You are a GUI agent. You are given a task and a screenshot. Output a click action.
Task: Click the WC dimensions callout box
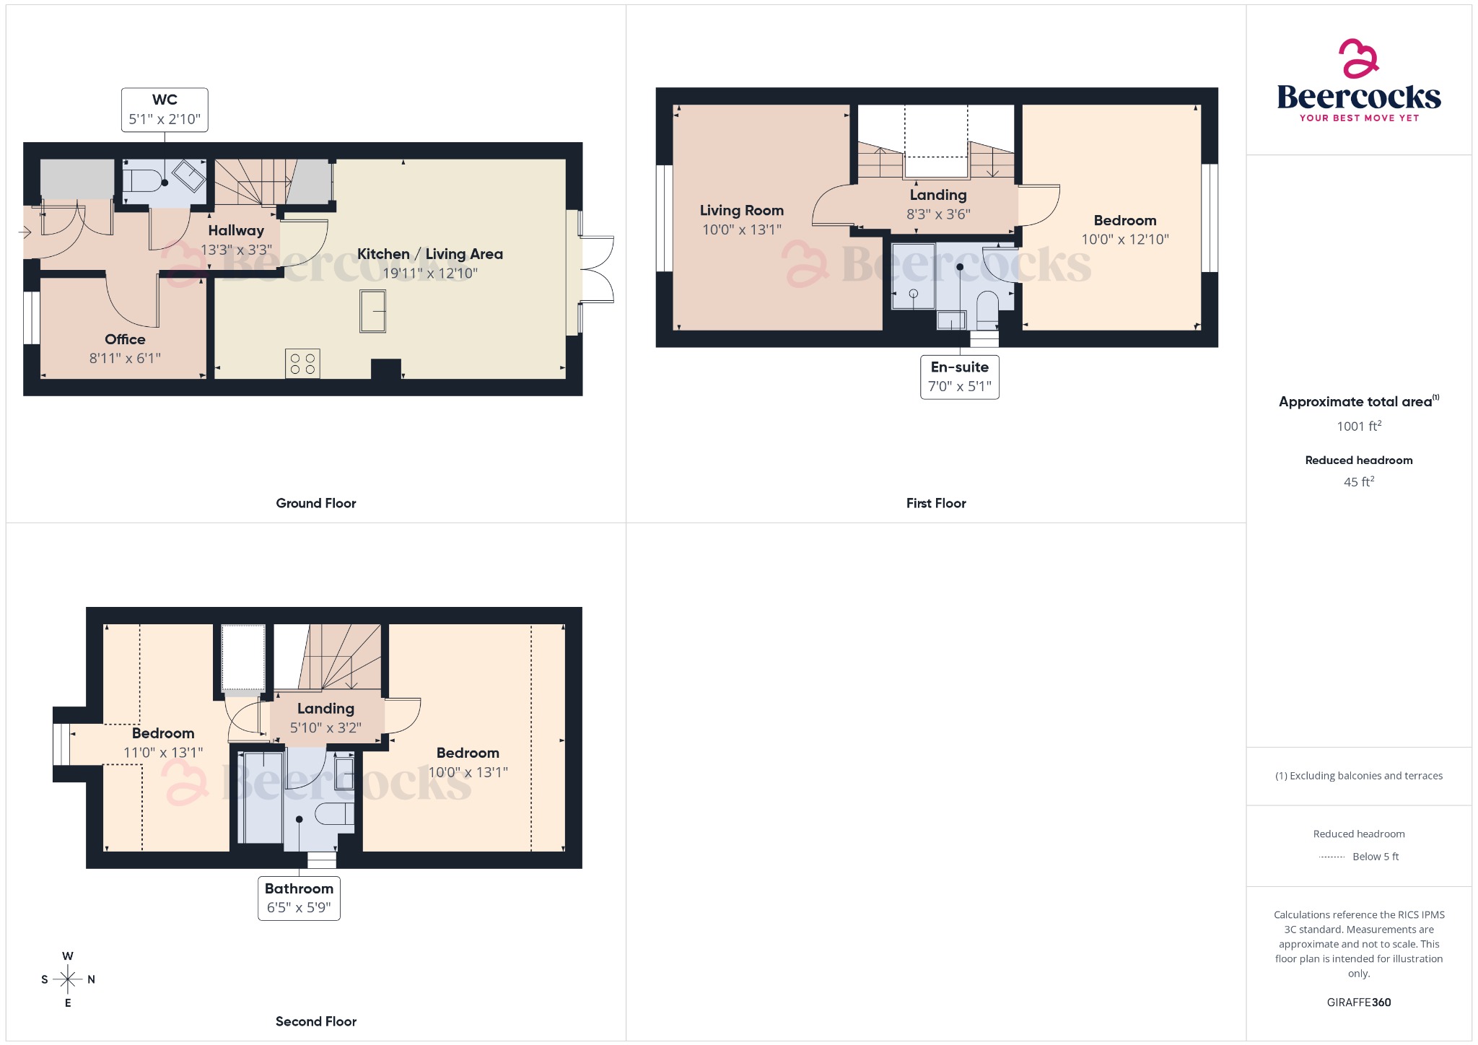165,110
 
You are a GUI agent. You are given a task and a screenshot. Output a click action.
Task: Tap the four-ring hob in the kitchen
302,364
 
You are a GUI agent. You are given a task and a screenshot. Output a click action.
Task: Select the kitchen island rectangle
372,311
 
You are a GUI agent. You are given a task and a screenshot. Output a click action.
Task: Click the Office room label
125,339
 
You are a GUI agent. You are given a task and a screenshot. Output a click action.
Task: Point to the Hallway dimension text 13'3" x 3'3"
236,250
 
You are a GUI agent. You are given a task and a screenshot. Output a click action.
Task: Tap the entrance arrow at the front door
25,232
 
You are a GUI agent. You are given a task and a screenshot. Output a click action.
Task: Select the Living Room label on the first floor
741,211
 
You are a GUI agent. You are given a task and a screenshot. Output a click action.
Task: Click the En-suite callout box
959,377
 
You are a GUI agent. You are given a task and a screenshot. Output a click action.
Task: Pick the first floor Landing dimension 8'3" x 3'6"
938,214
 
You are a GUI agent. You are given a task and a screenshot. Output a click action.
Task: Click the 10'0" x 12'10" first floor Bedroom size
1124,240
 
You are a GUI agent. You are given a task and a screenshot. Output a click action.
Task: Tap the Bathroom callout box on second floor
299,898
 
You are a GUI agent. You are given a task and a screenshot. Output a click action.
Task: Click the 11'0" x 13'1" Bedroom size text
163,753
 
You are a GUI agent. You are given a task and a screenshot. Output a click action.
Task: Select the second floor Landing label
325,709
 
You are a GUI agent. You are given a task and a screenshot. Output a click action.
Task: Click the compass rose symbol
68,979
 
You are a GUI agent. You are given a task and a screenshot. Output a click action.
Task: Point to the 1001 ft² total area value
1358,426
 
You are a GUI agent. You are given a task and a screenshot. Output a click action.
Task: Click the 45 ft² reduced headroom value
1358,481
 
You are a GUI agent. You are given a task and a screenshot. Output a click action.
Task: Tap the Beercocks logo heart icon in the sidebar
1358,58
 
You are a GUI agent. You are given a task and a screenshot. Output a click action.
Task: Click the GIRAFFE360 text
1358,1002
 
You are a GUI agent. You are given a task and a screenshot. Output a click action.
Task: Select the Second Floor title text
316,1021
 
